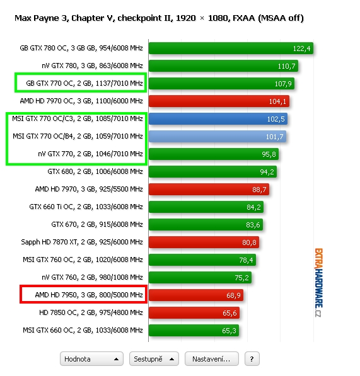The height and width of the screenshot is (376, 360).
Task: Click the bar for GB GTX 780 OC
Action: (231, 48)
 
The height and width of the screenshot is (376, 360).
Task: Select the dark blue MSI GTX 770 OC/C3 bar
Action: (218, 118)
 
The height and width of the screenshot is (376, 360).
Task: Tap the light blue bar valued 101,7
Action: (218, 137)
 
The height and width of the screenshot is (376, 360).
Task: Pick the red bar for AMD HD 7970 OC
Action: (219, 101)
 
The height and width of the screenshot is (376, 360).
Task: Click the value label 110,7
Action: (287, 66)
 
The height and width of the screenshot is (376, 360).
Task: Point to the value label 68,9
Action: (233, 295)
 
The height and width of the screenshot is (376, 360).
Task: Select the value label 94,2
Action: (267, 172)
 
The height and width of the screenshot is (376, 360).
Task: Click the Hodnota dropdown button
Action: (91, 359)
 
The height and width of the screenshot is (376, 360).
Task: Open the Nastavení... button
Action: (212, 359)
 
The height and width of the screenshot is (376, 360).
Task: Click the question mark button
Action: (252, 359)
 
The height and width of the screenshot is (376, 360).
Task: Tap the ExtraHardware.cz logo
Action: (319, 283)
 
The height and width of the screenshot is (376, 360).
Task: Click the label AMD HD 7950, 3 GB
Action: (66, 295)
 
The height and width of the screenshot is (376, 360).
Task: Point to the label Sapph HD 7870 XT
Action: (49, 242)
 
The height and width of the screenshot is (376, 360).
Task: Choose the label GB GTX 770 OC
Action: (49, 83)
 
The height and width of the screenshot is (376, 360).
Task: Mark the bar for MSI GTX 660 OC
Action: (194, 331)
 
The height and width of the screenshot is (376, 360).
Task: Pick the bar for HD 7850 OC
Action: (194, 312)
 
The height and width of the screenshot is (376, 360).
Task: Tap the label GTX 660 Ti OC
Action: (51, 207)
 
